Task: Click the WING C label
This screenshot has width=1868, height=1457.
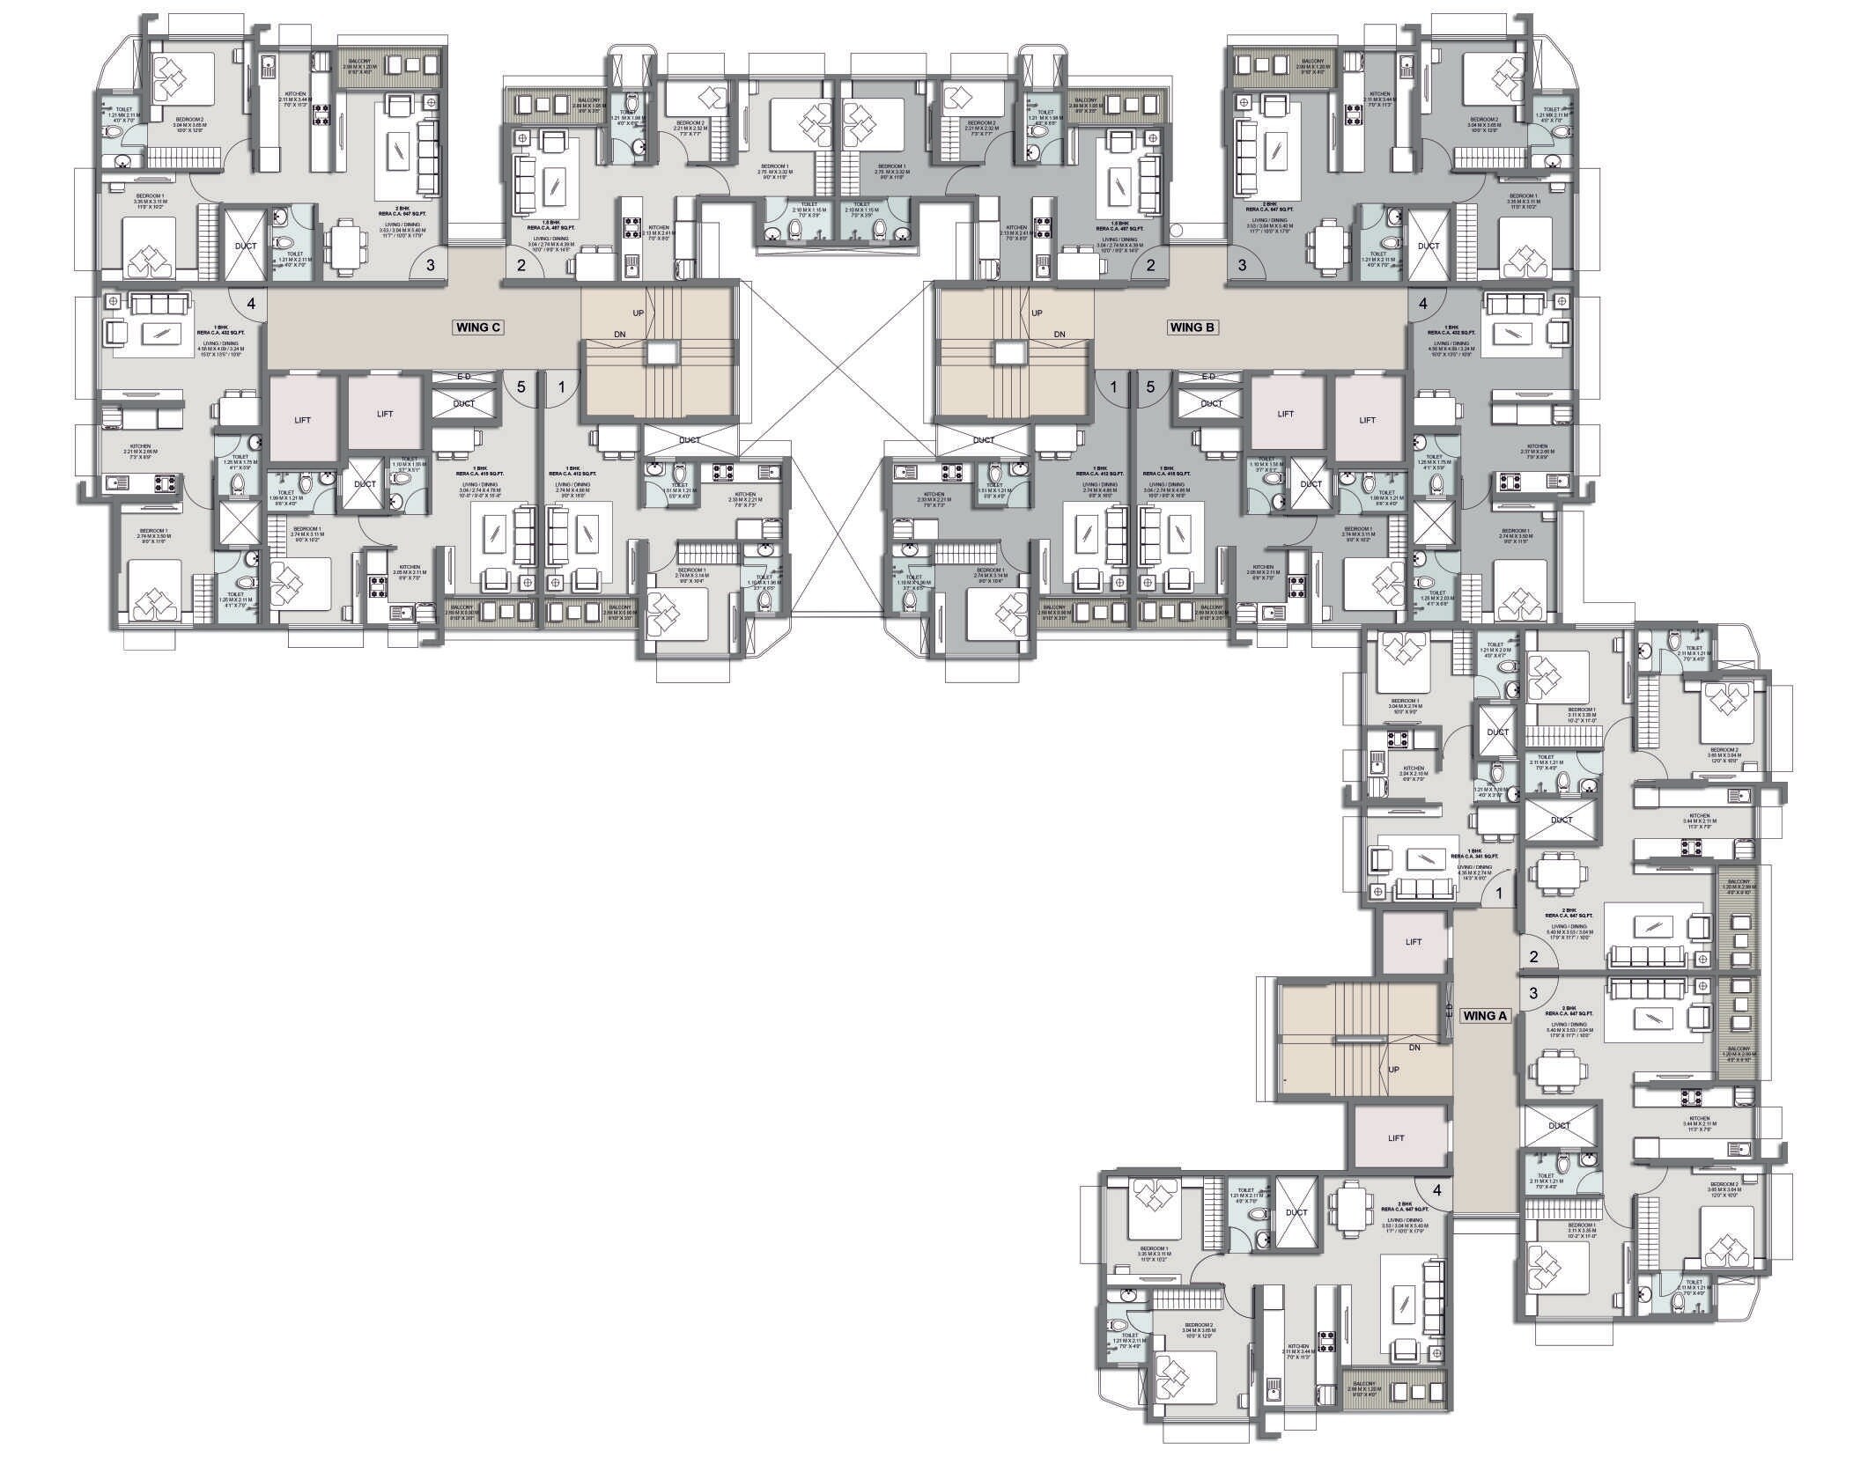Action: click(478, 327)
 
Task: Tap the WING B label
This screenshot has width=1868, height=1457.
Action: click(1192, 327)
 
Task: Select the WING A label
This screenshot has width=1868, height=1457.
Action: click(1486, 1015)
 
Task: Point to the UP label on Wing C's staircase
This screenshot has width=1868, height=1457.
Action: click(639, 313)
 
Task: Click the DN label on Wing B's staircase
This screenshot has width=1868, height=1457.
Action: click(1060, 334)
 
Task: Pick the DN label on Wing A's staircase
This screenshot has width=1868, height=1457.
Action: click(1414, 1048)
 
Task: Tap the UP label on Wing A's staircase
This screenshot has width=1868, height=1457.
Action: click(1394, 1070)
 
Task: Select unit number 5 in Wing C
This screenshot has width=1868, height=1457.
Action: click(521, 386)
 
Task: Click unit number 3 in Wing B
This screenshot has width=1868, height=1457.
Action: click(1243, 263)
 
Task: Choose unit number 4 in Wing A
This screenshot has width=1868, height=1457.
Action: click(1436, 1190)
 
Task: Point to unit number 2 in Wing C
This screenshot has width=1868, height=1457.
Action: click(521, 264)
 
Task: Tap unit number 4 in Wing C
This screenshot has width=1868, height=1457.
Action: click(251, 304)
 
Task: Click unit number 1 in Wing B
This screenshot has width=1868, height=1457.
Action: click(1113, 386)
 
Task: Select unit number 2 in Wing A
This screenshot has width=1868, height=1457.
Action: click(1533, 957)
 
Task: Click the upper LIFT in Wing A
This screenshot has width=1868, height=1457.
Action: click(1414, 942)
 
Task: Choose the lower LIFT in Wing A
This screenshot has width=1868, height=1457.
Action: click(1396, 1138)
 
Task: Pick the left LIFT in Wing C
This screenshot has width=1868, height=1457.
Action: click(303, 420)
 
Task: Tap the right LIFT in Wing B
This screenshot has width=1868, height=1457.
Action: click(1367, 420)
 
